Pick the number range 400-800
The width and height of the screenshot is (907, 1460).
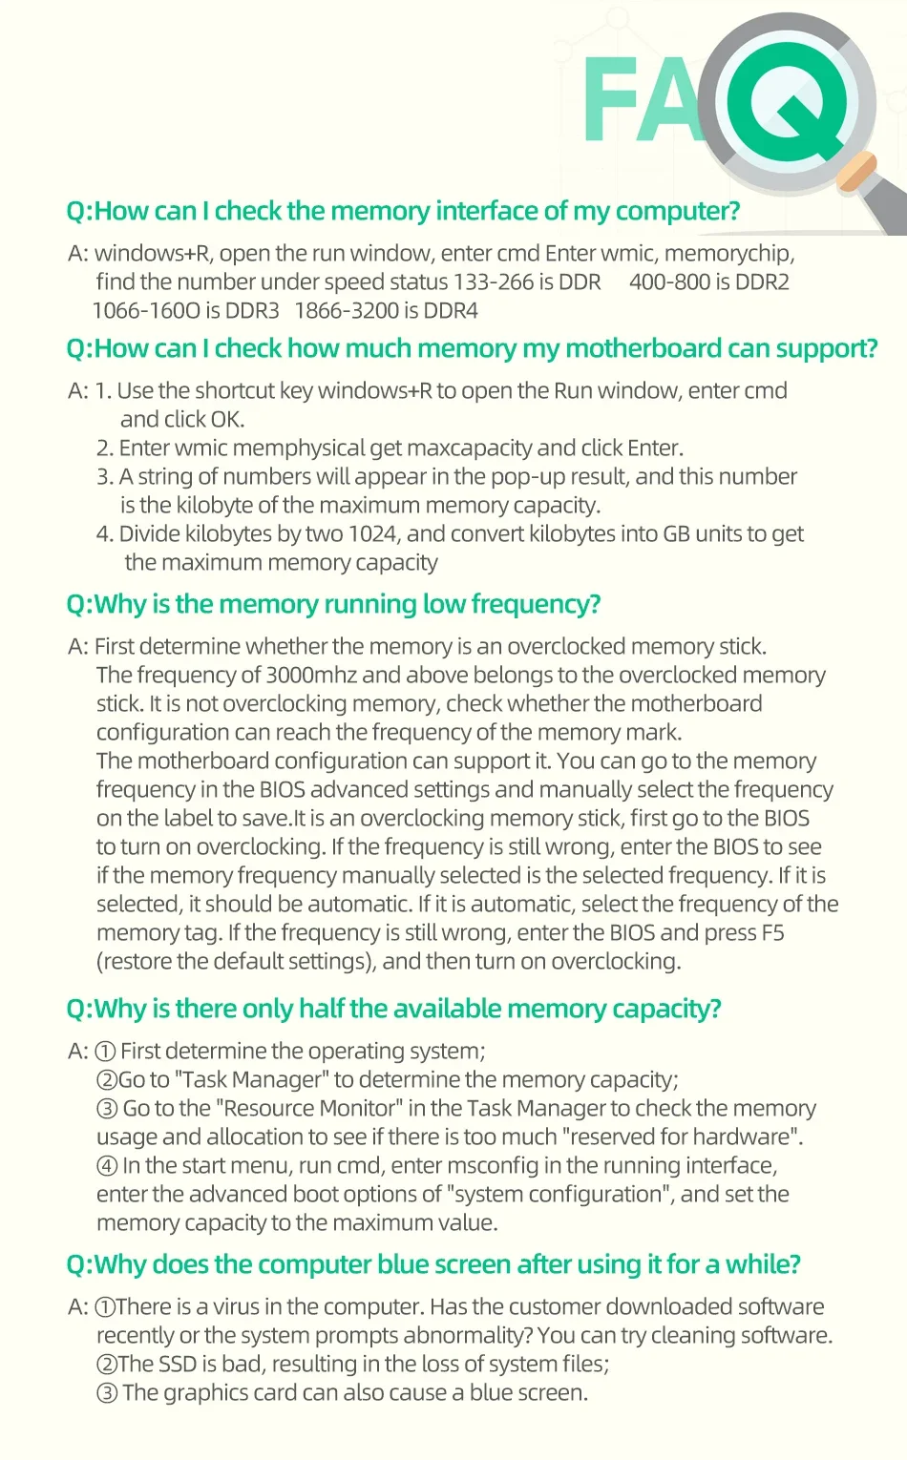[669, 282]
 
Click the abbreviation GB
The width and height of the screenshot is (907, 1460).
[676, 534]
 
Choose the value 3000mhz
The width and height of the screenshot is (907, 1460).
[311, 676]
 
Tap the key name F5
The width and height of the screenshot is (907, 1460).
[772, 933]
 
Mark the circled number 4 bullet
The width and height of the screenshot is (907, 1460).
[107, 1166]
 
